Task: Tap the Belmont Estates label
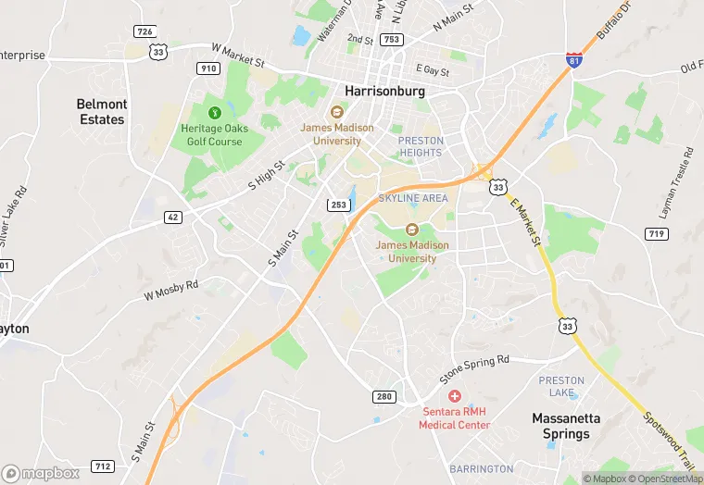click(101, 112)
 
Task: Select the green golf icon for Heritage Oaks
click(216, 112)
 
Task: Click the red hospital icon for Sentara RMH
click(454, 396)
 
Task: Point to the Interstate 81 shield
click(574, 60)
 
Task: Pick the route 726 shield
click(144, 31)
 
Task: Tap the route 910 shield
click(208, 68)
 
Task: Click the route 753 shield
click(391, 39)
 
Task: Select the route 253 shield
click(337, 204)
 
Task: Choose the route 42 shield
click(173, 217)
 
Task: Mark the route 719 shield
click(657, 234)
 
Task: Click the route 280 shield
click(384, 396)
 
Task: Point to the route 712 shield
click(103, 466)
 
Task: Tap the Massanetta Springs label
click(566, 426)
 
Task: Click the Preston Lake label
click(562, 387)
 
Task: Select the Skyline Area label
click(412, 198)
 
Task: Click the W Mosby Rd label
click(171, 291)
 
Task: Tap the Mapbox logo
click(41, 473)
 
